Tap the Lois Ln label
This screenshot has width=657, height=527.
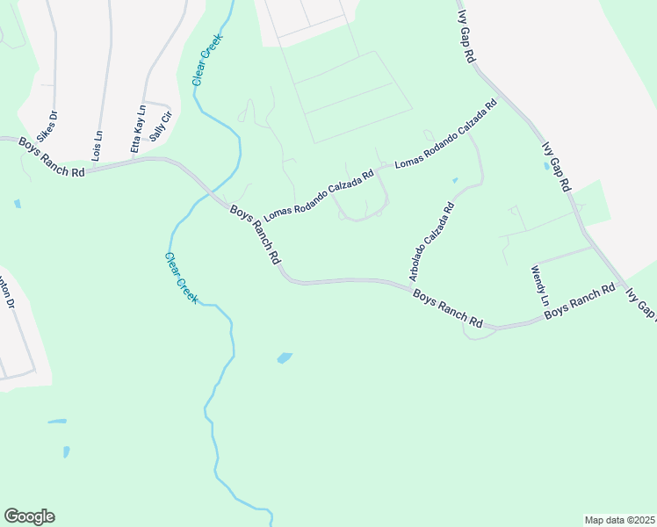(97, 141)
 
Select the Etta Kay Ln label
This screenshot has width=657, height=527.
(138, 130)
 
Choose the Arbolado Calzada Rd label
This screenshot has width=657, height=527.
(431, 242)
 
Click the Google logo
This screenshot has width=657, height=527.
(29, 516)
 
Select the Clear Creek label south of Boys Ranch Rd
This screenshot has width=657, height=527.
(181, 278)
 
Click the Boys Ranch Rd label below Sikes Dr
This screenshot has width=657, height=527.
(52, 157)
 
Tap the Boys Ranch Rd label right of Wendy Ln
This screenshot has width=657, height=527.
(579, 301)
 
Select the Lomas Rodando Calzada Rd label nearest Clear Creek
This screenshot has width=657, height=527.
(319, 195)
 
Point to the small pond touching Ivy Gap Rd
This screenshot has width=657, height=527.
(548, 164)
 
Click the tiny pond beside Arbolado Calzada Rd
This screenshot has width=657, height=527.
(454, 181)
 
